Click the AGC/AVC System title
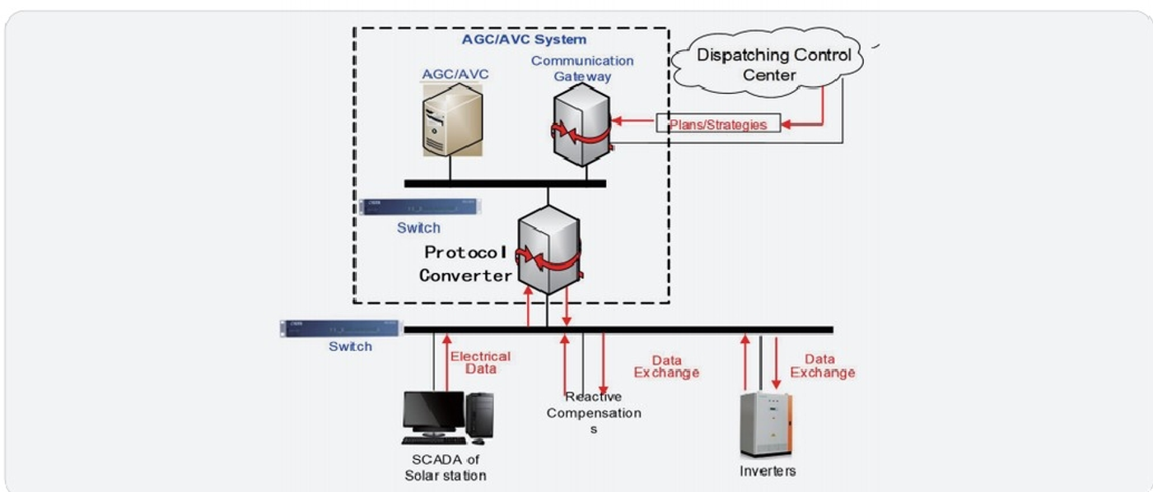coord(524,39)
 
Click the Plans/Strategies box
coord(717,124)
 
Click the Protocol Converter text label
coord(466,264)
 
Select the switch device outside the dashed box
coord(339,328)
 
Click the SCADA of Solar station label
coord(445,467)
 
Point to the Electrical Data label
coord(480,362)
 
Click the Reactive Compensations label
coord(594,412)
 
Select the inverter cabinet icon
coord(765,424)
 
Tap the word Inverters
coord(768,471)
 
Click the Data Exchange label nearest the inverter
coord(822,366)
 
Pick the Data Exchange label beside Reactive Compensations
coord(665,366)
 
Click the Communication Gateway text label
coord(582,68)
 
